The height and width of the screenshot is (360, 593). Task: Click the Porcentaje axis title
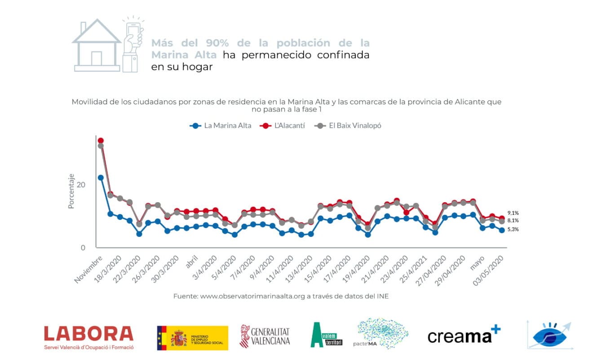click(71, 191)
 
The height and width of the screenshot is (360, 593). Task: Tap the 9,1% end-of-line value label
click(513, 213)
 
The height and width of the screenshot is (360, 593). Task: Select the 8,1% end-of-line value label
click(513, 221)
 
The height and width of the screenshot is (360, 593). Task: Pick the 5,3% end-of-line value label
click(513, 229)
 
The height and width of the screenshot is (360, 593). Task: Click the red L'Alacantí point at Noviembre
click(101, 141)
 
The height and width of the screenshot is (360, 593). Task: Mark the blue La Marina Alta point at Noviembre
click(101, 178)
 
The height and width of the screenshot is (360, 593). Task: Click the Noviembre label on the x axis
click(89, 269)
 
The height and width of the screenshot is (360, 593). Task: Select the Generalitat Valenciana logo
click(265, 336)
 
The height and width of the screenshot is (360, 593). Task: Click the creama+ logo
click(463, 335)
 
